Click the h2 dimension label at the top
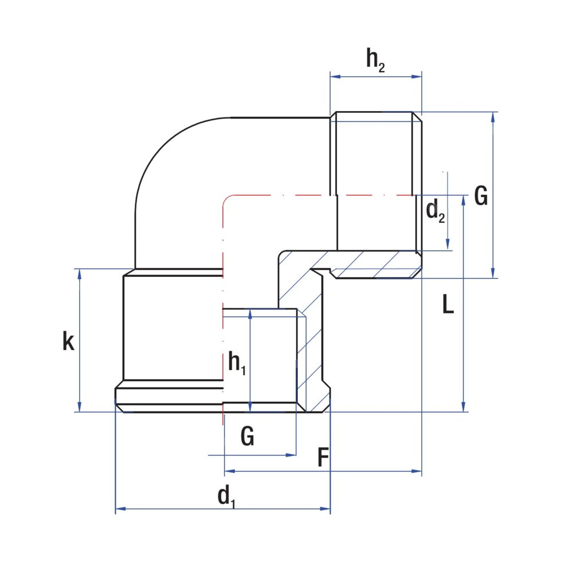pos(376,60)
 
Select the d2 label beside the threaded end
pos(435,211)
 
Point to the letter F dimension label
pos(323,458)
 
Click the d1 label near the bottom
pos(227,496)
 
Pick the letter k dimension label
pos(68,342)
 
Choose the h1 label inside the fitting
pos(237,362)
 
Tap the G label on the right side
pos(481,197)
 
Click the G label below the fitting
pos(247,437)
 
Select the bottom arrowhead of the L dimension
pos(463,407)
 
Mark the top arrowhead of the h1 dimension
pos(250,313)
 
